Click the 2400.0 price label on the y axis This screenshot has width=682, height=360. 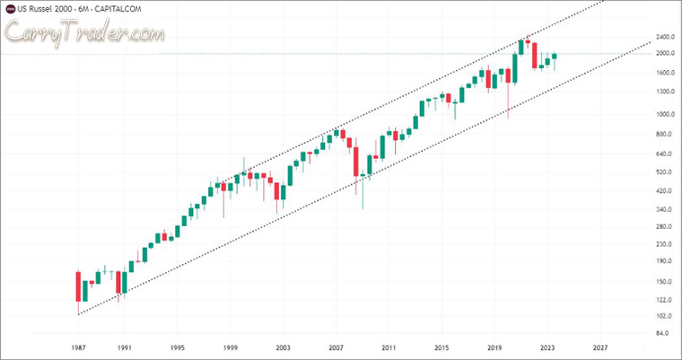[665, 38]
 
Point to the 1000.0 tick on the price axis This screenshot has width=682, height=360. [665, 114]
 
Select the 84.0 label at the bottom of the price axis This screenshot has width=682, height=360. [663, 333]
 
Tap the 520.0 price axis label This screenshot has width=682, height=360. [665, 171]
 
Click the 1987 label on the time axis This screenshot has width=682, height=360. [79, 347]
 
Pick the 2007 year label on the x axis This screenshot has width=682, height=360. [336, 347]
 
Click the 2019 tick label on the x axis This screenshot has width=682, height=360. [494, 347]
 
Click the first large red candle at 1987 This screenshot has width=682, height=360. [78, 286]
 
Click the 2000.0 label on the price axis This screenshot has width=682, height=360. [665, 54]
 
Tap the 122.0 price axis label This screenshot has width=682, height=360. [665, 299]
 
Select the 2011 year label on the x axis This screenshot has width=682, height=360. [389, 347]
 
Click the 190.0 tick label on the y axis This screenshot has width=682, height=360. [665, 262]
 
